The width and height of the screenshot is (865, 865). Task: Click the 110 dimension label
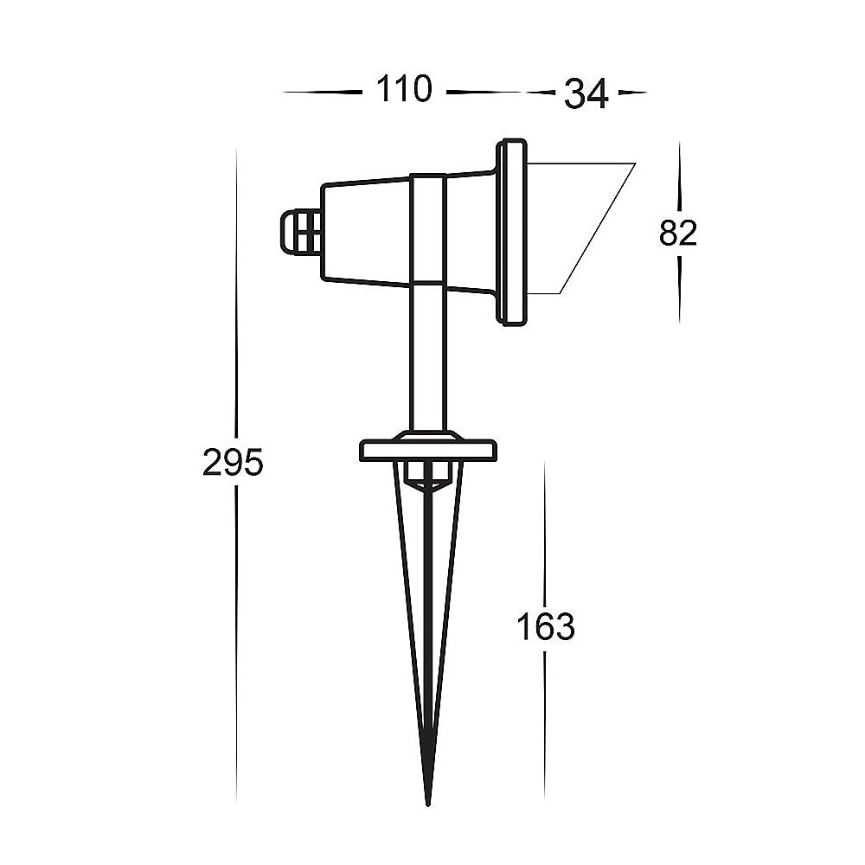pyautogui.click(x=404, y=89)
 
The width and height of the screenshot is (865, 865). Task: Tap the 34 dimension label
pyautogui.click(x=586, y=93)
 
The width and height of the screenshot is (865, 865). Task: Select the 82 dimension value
pyautogui.click(x=678, y=233)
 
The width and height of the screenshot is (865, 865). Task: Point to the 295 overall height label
pyautogui.click(x=233, y=462)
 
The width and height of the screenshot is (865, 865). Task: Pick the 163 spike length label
pyautogui.click(x=546, y=627)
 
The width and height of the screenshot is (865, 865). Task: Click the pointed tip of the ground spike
pyautogui.click(x=428, y=804)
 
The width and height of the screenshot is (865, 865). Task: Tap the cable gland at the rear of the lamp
pyautogui.click(x=301, y=232)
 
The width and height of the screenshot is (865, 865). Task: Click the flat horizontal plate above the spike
pyautogui.click(x=428, y=450)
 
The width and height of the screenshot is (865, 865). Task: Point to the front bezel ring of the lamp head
pyautogui.click(x=512, y=232)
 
